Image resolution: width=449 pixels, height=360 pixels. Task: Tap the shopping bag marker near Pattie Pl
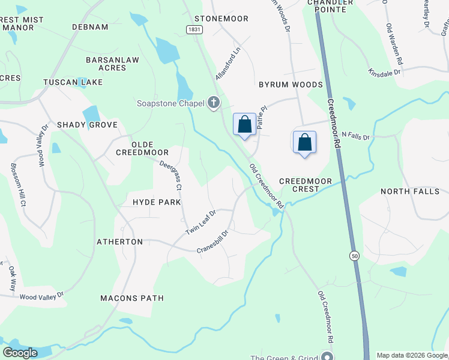click(244, 125)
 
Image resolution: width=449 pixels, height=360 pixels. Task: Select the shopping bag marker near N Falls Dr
click(305, 143)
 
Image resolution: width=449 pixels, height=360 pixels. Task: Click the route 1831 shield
click(193, 29)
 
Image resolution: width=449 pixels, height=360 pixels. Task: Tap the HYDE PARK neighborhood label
click(157, 202)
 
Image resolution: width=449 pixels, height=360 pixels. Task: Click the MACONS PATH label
click(131, 298)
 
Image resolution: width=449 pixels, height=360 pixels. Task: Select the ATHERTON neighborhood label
click(120, 242)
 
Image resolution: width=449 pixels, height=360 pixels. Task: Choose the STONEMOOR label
click(221, 19)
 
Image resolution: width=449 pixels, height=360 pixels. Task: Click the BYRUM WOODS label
click(291, 85)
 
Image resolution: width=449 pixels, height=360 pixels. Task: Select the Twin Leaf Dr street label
click(200, 223)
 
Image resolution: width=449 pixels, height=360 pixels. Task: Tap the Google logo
click(20, 353)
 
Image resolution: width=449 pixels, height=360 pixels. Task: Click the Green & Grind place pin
click(327, 356)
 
